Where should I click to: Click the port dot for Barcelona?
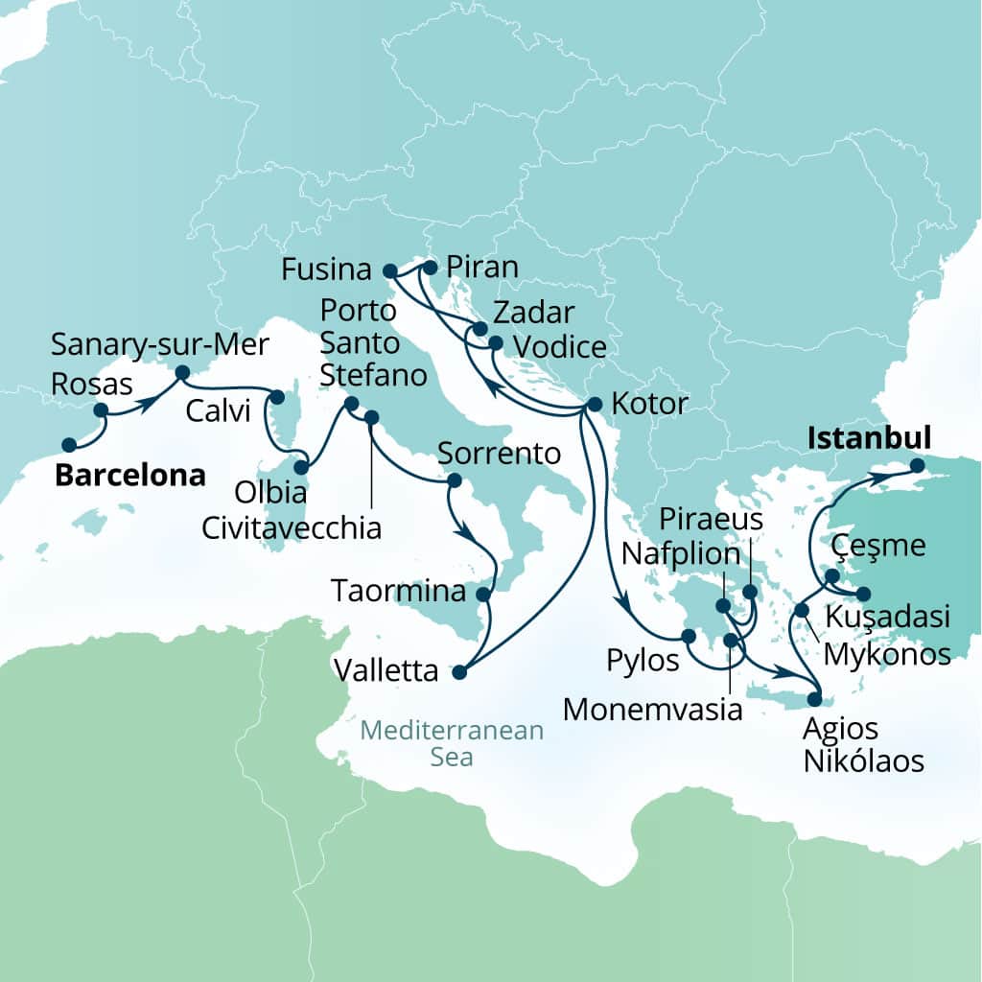coord(68,445)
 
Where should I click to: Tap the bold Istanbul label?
coord(870,439)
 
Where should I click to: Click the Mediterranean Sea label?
coord(452,744)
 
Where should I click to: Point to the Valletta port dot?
coord(459,672)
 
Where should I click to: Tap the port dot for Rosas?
coord(100,409)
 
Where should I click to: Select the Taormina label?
coord(398,592)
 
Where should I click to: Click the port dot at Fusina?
coord(389,270)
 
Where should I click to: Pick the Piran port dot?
coord(430,268)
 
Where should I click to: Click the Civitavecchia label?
coord(292,527)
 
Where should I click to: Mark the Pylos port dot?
coord(688,636)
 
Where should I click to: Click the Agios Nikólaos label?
coord(864,745)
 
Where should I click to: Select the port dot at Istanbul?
coord(917,466)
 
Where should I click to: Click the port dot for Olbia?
coord(301,468)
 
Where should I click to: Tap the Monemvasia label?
coord(653,710)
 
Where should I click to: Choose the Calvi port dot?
coord(278,396)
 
